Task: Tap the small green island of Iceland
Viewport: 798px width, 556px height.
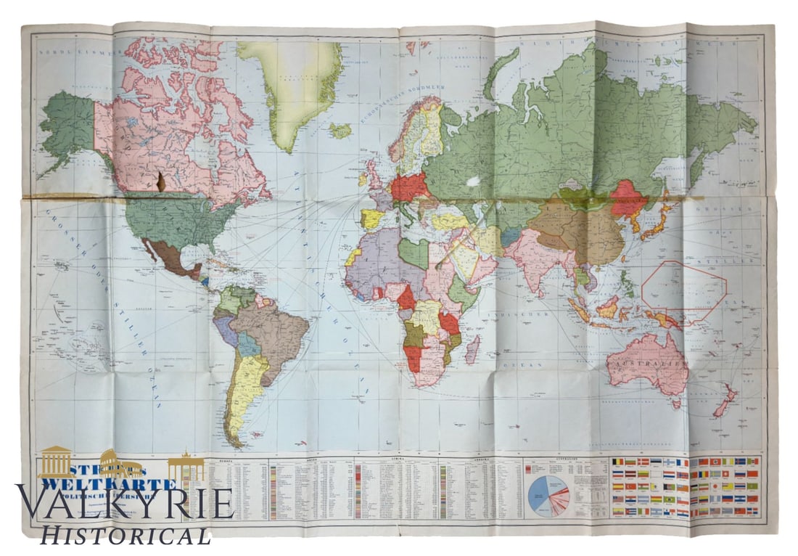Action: click(339, 130)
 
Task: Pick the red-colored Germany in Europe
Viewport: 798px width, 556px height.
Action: click(410, 187)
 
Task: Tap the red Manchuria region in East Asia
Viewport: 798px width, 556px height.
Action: click(627, 197)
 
